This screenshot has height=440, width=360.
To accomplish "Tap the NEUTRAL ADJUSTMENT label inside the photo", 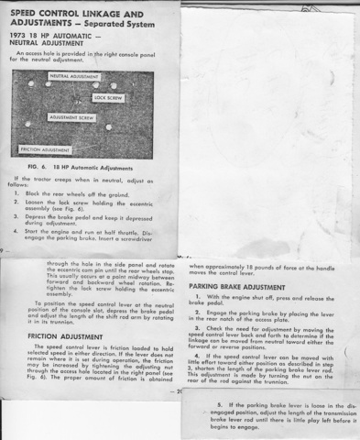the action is click(x=72, y=76).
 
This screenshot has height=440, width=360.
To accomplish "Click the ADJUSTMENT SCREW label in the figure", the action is click(x=71, y=118).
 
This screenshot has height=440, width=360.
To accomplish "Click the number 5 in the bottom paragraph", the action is click(x=219, y=404).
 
